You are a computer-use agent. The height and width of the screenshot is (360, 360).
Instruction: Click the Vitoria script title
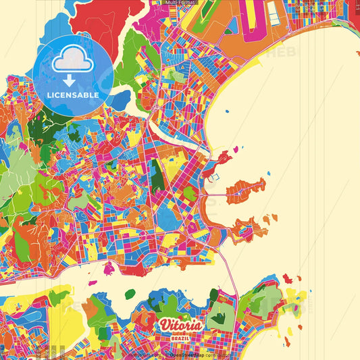(x=180, y=325)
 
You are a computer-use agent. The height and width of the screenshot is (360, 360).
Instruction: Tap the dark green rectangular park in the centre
(x=157, y=173)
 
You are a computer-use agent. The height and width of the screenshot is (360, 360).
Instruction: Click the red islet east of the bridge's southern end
(x=286, y=277)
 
